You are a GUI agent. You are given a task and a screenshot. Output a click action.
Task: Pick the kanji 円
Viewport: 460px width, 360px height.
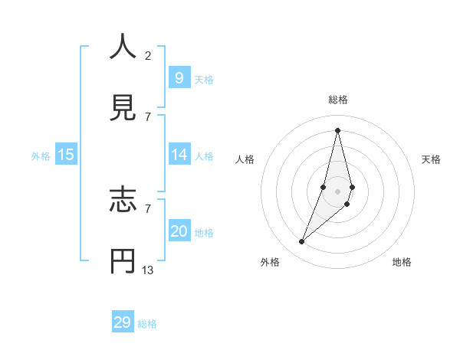123,261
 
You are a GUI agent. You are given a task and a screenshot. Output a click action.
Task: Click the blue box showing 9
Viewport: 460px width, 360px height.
179,77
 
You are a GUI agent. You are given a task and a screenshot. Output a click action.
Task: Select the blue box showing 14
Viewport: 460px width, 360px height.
179,155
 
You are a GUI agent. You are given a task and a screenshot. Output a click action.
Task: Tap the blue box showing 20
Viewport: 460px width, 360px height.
179,231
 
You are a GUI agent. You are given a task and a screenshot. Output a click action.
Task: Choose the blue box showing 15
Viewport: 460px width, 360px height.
66,155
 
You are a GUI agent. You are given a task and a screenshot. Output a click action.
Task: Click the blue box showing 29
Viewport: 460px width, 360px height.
123,322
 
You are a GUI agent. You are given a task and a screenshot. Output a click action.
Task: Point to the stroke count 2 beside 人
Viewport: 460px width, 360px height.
148,55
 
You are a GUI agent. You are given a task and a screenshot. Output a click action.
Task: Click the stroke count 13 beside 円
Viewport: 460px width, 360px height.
148,270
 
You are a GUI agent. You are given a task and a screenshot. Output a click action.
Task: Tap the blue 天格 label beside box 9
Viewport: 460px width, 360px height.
204,80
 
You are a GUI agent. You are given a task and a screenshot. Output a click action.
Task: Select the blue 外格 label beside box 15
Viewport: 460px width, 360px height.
41,156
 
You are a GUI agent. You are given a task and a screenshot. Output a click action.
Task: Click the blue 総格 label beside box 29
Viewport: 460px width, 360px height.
147,324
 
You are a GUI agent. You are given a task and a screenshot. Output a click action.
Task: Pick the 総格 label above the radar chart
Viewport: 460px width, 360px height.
338,100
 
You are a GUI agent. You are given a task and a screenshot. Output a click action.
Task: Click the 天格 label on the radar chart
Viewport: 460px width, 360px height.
432,159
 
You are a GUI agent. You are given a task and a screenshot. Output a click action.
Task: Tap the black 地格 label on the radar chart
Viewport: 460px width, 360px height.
402,262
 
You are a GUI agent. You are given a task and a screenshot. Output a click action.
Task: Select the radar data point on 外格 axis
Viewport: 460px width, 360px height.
301,242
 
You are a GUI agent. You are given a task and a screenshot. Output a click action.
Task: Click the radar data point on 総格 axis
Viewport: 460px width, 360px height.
337,130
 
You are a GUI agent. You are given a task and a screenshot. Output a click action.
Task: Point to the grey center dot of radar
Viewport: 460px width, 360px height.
337,191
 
